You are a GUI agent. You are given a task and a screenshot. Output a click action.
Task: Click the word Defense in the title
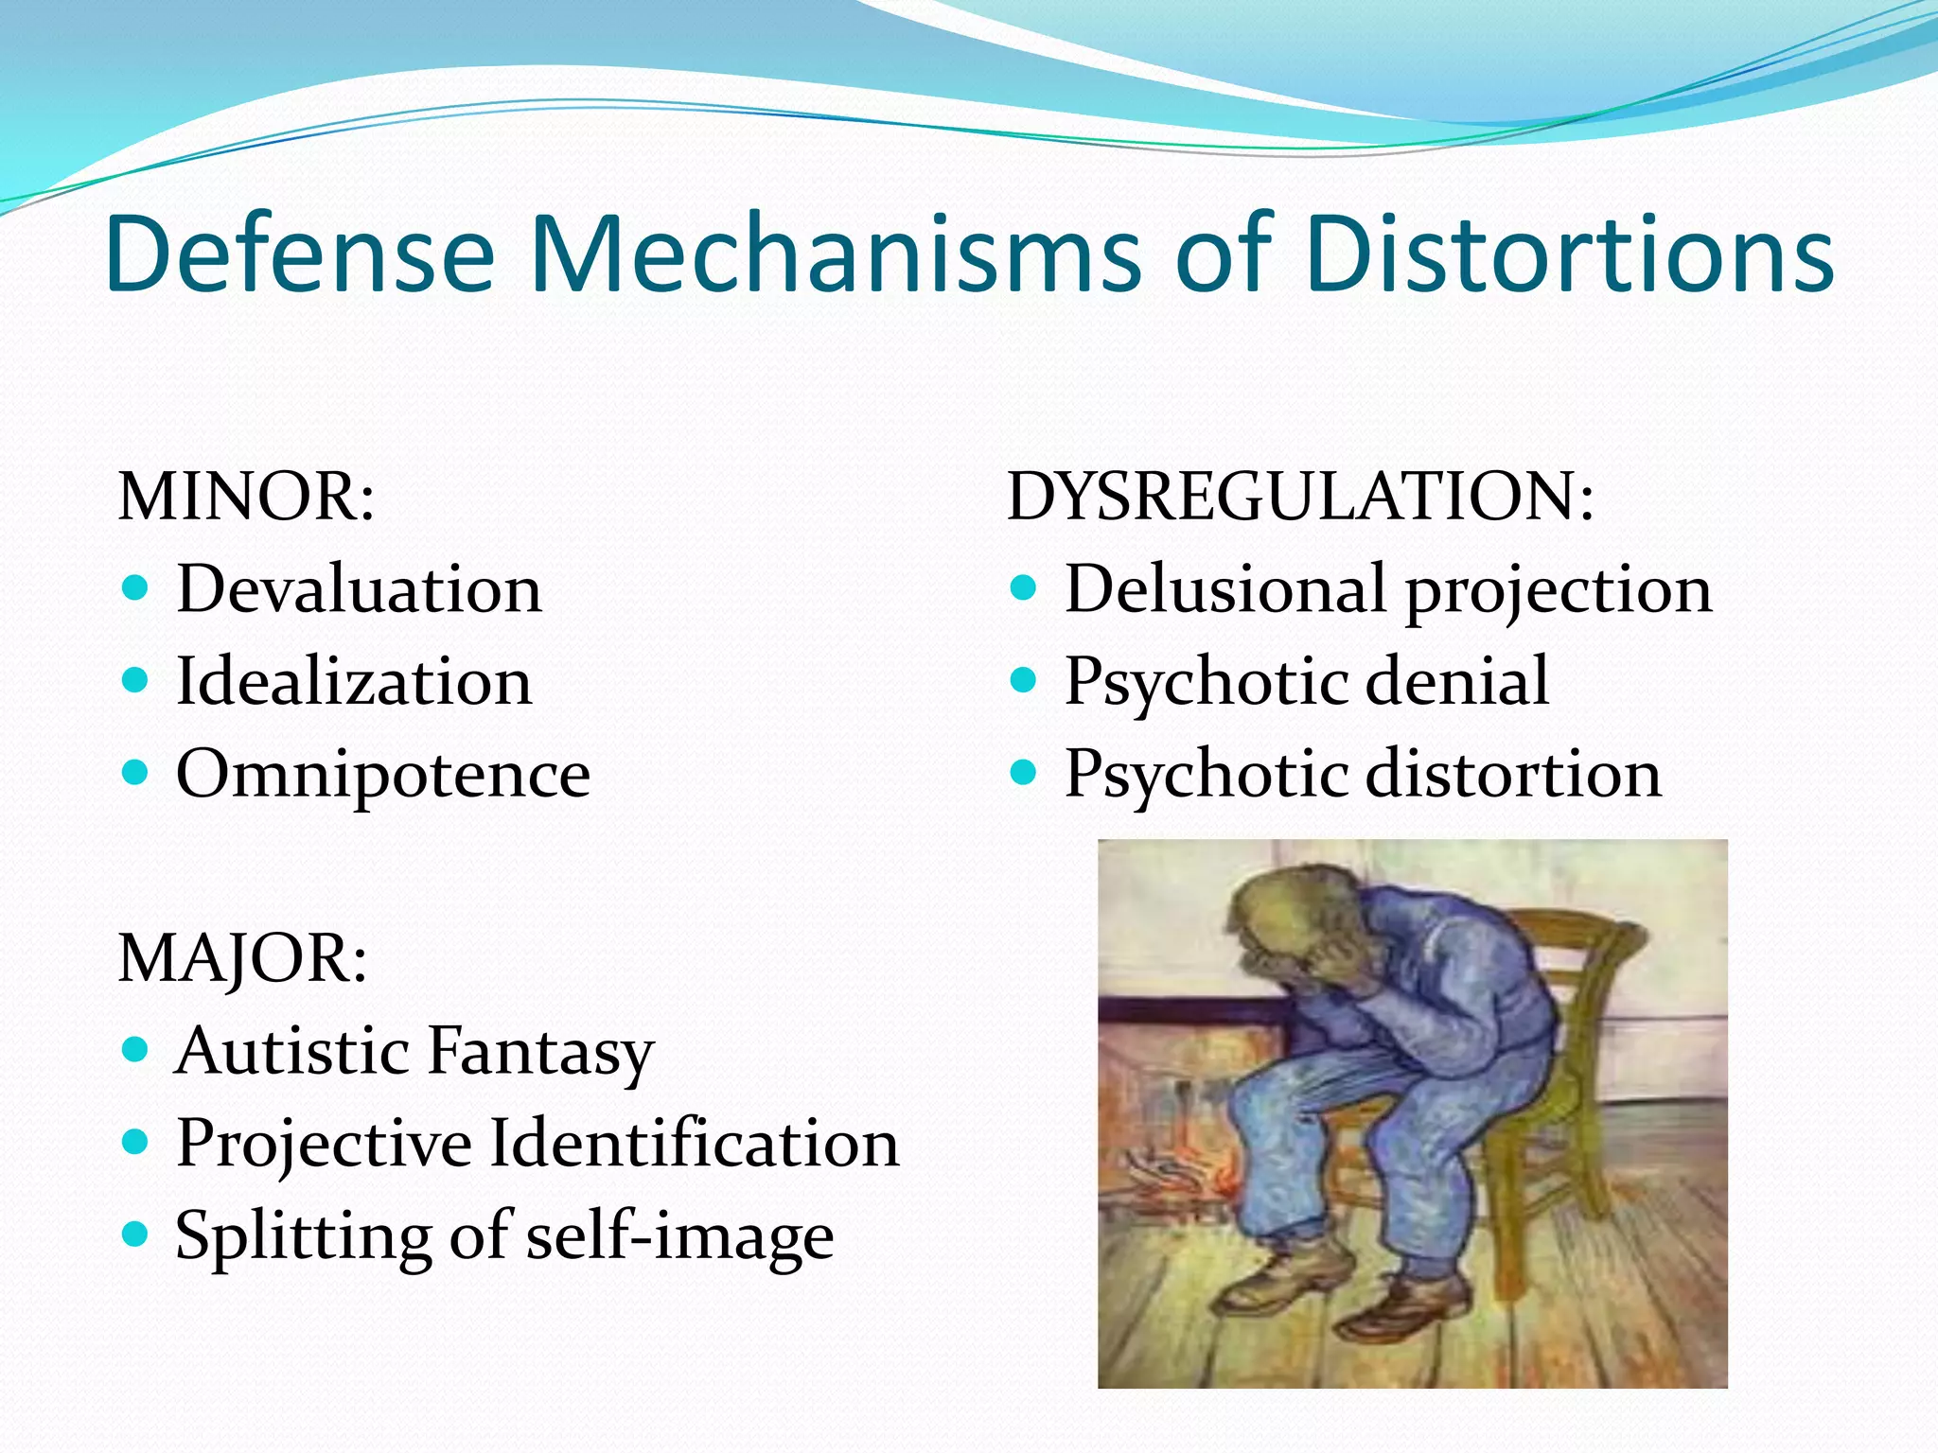point(300,254)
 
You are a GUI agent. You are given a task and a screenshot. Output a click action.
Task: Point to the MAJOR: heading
point(242,957)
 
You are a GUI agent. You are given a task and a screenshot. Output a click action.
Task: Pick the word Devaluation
point(360,588)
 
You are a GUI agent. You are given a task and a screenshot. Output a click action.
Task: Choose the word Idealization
point(354,681)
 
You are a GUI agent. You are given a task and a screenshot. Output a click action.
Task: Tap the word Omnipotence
point(383,774)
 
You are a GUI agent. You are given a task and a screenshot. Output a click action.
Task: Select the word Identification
point(695,1143)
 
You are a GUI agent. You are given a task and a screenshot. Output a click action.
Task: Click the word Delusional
point(1226,588)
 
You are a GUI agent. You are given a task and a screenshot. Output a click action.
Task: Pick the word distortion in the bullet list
point(1514,774)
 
